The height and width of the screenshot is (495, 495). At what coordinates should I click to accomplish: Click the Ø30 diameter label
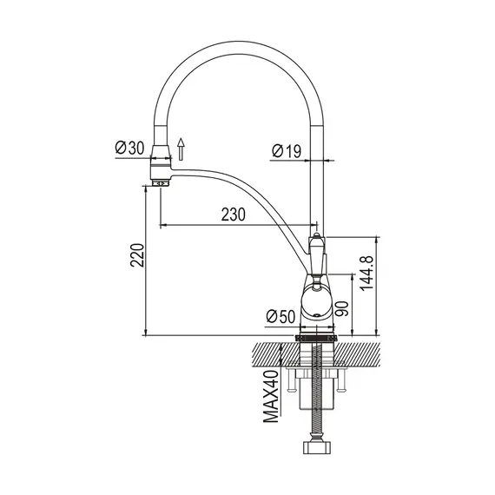[x=129, y=148]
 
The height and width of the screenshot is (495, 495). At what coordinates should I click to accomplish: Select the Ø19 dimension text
[x=287, y=151]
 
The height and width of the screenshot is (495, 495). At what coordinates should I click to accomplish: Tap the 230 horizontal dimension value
[x=234, y=214]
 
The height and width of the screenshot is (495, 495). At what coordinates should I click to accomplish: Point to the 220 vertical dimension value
[x=137, y=255]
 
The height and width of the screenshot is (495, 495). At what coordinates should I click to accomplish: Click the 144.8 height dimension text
[x=366, y=274]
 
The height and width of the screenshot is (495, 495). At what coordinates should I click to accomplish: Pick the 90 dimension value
[x=342, y=309]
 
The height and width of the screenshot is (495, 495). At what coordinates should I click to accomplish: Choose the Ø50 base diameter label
[x=280, y=316]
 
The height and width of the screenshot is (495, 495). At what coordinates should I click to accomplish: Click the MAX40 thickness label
[x=272, y=397]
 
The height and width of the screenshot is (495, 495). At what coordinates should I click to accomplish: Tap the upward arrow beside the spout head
[x=181, y=149]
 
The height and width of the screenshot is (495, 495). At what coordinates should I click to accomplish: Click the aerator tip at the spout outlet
[x=161, y=183]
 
